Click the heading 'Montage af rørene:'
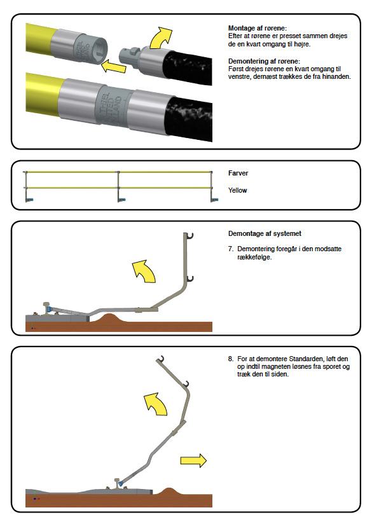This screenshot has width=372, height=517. [x=258, y=28]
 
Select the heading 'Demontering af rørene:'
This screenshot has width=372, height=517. [x=264, y=61]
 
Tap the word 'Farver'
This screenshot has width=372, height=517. [x=238, y=173]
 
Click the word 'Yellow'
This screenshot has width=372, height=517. [x=237, y=190]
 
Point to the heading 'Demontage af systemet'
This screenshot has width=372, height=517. [x=265, y=233]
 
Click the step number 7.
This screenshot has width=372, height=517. [x=231, y=249]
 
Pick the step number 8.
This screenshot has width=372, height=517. [x=231, y=359]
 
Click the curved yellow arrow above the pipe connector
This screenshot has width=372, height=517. [x=161, y=38]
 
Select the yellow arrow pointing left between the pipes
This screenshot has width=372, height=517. [x=113, y=66]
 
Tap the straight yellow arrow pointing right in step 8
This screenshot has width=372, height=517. [x=193, y=460]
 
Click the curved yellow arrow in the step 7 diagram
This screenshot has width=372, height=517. [x=145, y=271]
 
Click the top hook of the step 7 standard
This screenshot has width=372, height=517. [x=189, y=236]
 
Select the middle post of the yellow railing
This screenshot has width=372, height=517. [x=119, y=185]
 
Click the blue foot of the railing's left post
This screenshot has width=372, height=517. [x=31, y=199]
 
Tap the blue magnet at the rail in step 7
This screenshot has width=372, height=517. [x=50, y=310]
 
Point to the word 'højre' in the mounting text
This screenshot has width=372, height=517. [x=302, y=44]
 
